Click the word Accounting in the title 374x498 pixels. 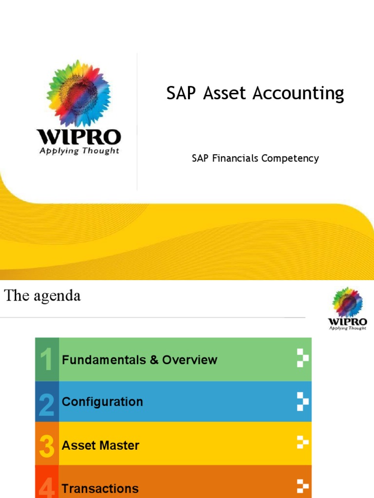point(298,93)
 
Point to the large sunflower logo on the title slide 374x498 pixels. point(79,92)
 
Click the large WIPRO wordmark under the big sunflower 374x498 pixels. point(79,136)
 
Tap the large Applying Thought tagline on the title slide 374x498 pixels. point(79,151)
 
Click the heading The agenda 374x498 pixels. point(42,296)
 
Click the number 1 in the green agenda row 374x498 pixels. point(47,360)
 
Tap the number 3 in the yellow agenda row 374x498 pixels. point(47,446)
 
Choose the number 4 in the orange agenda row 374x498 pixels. point(47,487)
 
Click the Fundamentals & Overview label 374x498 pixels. point(139,360)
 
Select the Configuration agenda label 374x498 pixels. point(102,402)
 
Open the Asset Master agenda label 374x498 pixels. point(100,445)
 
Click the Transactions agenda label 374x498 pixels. point(100,488)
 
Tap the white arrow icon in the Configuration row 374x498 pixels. point(303,402)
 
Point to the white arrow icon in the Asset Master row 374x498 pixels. point(303,443)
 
